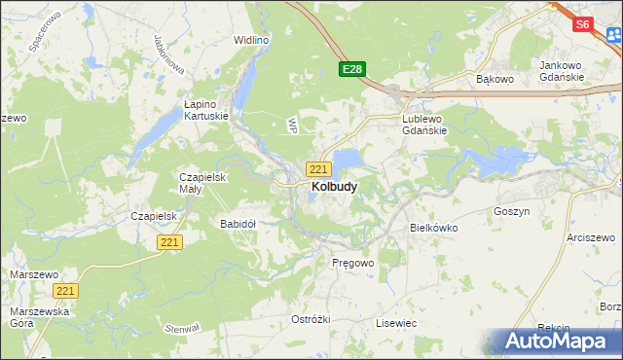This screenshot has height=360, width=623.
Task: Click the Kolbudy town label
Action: pos(333,186)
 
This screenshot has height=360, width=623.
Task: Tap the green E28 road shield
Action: pos(352,69)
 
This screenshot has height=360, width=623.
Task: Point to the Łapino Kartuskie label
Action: pos(206,109)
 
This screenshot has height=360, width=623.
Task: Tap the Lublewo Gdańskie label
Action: pos(424,126)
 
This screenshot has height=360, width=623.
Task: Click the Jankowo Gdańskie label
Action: pos(561,71)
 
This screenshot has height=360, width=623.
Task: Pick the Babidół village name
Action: pos(238,223)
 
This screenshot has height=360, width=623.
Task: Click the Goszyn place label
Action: pos(511,211)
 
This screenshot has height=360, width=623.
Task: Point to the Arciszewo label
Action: pos(593,236)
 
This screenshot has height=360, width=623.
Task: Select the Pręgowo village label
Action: pos(352,263)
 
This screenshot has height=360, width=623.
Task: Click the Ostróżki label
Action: pos(311,319)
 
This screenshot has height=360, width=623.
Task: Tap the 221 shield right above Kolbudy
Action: pos(318,168)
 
